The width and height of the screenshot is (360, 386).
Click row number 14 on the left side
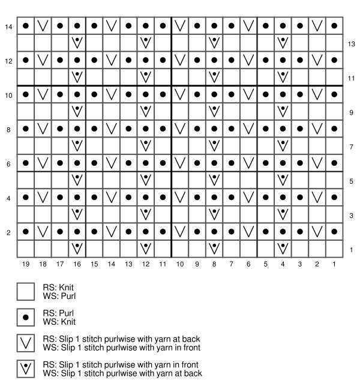8,26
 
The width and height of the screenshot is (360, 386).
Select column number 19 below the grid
26,264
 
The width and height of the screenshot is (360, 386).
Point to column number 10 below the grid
180,264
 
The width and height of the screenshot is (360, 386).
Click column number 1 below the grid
334,264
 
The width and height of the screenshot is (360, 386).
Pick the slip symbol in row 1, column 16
77,248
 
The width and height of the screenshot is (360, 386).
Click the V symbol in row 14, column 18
43,26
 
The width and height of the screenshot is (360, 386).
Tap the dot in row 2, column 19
26,231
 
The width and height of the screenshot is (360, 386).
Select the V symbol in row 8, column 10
180,128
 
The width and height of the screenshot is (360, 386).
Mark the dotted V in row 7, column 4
283,145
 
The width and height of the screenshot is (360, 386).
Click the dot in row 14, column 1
334,26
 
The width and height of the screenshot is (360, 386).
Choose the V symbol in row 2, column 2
317,231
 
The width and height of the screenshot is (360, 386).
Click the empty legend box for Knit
26,291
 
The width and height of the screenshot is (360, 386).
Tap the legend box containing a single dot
26,317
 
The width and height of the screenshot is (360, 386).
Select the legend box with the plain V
26,343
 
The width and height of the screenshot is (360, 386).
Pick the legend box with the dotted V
26,369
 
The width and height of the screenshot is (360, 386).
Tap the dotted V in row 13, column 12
146,43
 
